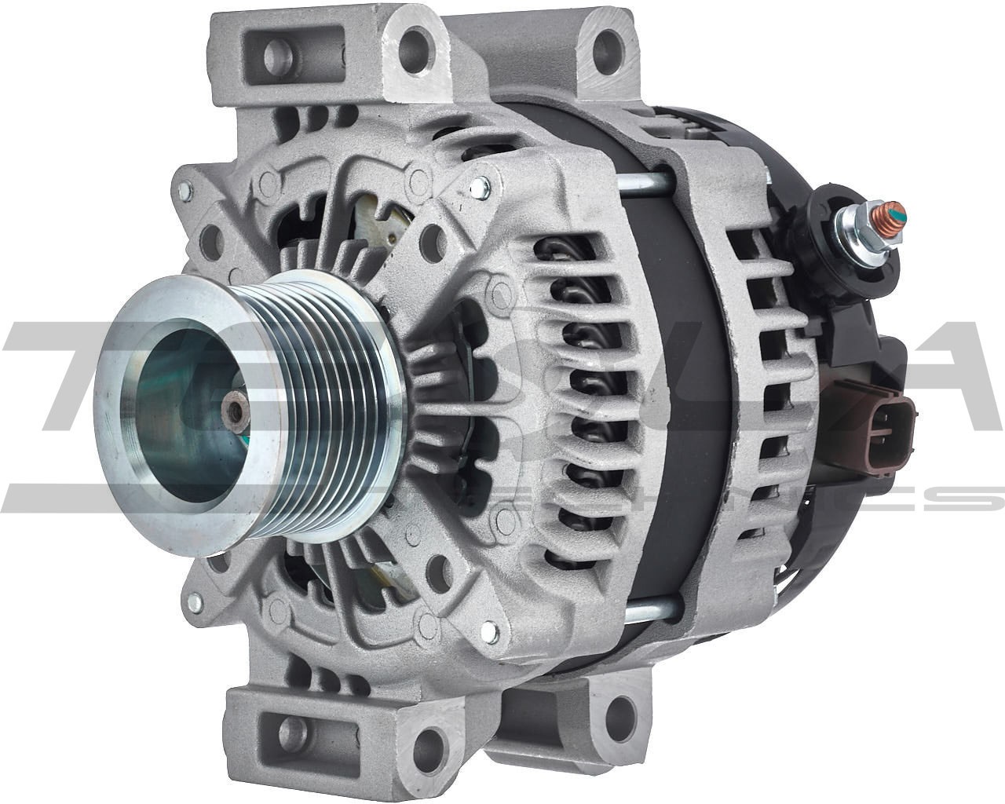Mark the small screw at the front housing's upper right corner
(476, 186)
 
